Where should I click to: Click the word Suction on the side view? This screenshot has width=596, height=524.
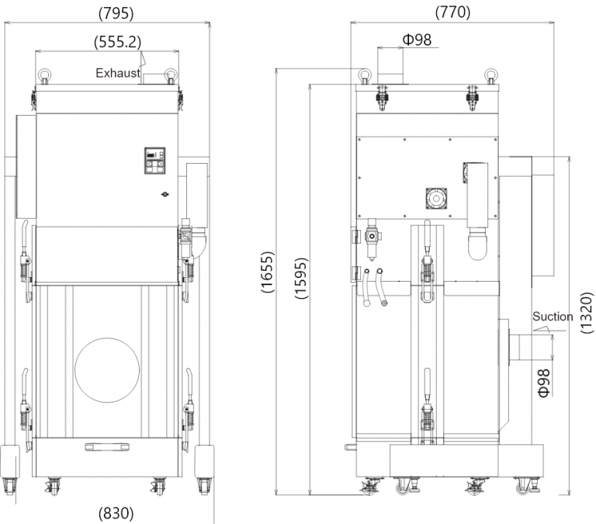pos(553,317)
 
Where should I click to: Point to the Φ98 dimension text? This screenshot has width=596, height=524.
pos(543,383)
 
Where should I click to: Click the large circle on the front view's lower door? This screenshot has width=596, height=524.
pos(107,370)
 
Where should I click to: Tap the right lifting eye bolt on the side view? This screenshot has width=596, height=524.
pos(489,75)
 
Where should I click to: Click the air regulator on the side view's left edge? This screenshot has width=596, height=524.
pos(370,234)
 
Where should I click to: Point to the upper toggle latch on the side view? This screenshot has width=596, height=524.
pos(425,268)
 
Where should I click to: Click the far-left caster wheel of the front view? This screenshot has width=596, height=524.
pos(9,486)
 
